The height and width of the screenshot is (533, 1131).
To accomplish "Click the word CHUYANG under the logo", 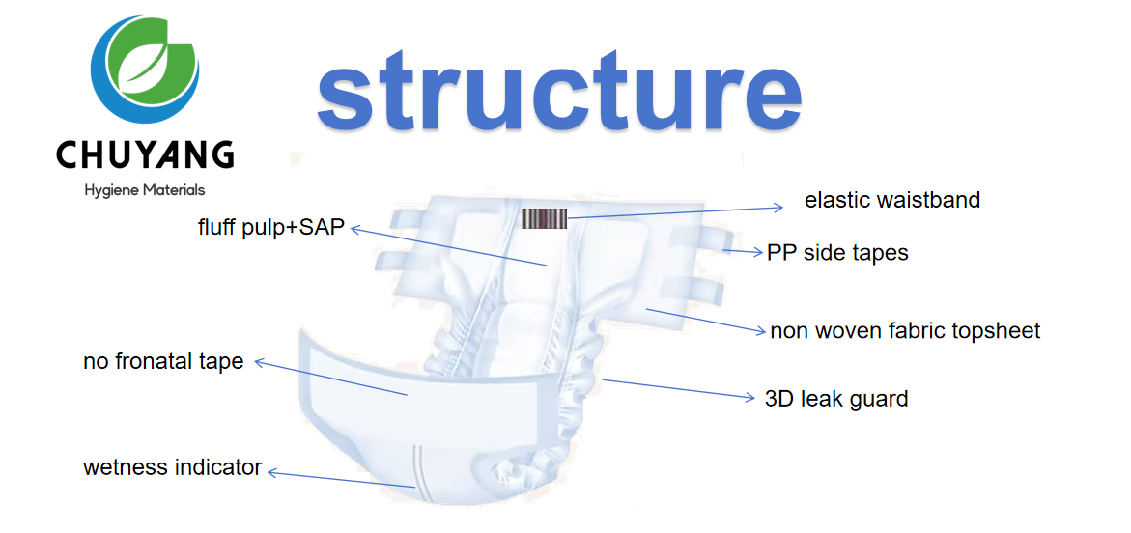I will coord(145,155).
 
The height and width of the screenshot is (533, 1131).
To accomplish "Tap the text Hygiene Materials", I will coord(145,191).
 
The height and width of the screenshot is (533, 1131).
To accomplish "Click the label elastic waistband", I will coord(891,201).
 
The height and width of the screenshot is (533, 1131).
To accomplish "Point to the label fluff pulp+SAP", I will coord(271,228).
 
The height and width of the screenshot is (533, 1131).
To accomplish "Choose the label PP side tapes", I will coord(837,253).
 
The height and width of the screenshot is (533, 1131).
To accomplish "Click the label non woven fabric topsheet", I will coord(905,331).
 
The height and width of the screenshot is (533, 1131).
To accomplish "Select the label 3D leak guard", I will coord(835,399).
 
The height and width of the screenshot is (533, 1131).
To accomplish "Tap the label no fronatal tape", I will coord(163,363).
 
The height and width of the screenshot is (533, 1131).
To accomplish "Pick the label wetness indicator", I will coord(172,468).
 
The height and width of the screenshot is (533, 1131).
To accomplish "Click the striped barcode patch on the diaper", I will coord(544,219).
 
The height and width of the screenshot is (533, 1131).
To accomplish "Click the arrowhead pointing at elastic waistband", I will coord(779,207).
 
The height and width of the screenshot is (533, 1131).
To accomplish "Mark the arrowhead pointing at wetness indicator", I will coord(272,472).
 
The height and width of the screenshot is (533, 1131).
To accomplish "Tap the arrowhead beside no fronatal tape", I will coord(259,363).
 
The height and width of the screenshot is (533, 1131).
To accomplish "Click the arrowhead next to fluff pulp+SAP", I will coord(354,229).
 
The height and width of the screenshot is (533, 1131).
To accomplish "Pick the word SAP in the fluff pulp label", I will coord(323,228).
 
